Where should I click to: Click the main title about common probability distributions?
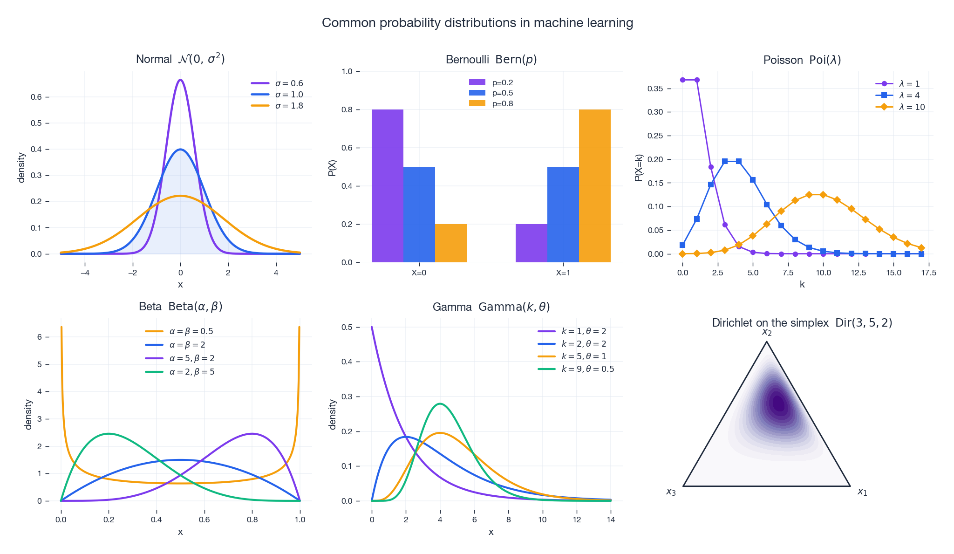click(x=477, y=23)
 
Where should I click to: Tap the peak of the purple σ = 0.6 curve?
click(x=180, y=80)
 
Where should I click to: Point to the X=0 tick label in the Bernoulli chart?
click(x=419, y=273)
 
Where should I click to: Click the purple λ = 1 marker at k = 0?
click(x=682, y=80)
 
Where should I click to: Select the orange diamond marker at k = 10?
click(x=823, y=195)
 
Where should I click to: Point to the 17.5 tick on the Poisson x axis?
click(x=928, y=273)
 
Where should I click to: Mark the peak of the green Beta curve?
click(x=109, y=434)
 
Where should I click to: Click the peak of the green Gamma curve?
click(x=440, y=404)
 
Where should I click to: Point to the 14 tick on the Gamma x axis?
click(x=611, y=520)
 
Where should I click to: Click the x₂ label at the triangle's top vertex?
click(x=767, y=332)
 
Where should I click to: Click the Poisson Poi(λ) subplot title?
click(x=802, y=60)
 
